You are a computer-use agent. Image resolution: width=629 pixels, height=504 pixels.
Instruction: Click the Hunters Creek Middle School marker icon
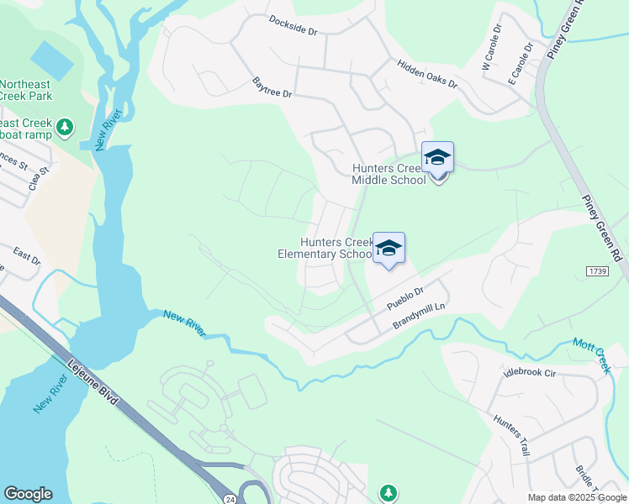437,159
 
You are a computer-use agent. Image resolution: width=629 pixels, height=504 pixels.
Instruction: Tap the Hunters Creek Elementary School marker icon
388,249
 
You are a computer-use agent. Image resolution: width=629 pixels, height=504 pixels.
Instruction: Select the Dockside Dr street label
293,24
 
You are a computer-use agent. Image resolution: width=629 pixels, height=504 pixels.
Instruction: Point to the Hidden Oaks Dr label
427,73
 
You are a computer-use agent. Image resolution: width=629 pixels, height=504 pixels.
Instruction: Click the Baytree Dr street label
272,87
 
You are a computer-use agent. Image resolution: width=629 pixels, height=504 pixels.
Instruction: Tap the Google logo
28,494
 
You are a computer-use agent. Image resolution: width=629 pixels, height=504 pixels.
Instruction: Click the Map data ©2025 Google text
576,497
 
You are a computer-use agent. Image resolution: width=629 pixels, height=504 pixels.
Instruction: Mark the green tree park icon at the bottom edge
388,491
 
